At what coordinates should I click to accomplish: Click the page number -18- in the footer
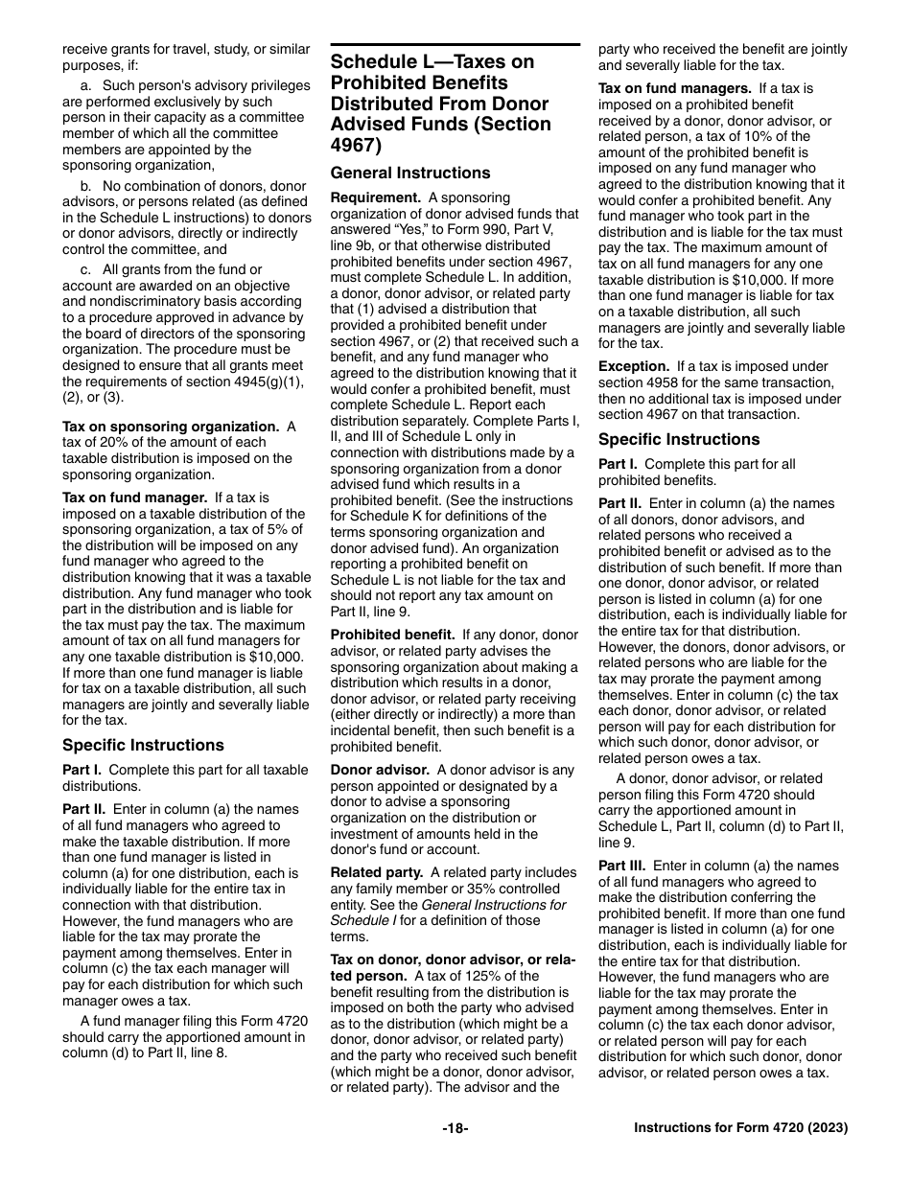pyautogui.click(x=455, y=1128)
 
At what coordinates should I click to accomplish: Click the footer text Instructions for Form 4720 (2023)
pyautogui.click(x=740, y=1128)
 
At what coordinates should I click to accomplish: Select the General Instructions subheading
pyautogui.click(x=409, y=173)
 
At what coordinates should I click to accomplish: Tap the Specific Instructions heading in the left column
pyautogui.click(x=143, y=745)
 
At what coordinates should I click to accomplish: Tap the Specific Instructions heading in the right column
pyautogui.click(x=679, y=439)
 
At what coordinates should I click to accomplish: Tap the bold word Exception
pyautogui.click(x=634, y=366)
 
